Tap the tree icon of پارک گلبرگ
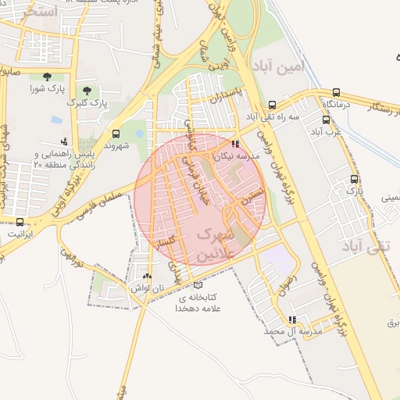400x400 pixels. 87,91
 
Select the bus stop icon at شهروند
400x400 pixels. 116,134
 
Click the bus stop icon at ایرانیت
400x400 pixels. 20,221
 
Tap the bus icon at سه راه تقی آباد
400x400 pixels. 272,105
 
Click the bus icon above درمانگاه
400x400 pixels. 336,91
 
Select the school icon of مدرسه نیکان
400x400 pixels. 235,144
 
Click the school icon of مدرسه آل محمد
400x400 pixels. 292,320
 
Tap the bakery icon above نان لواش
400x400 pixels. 147,276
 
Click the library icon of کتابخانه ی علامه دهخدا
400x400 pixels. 198,285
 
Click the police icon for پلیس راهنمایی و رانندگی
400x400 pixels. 63,141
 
